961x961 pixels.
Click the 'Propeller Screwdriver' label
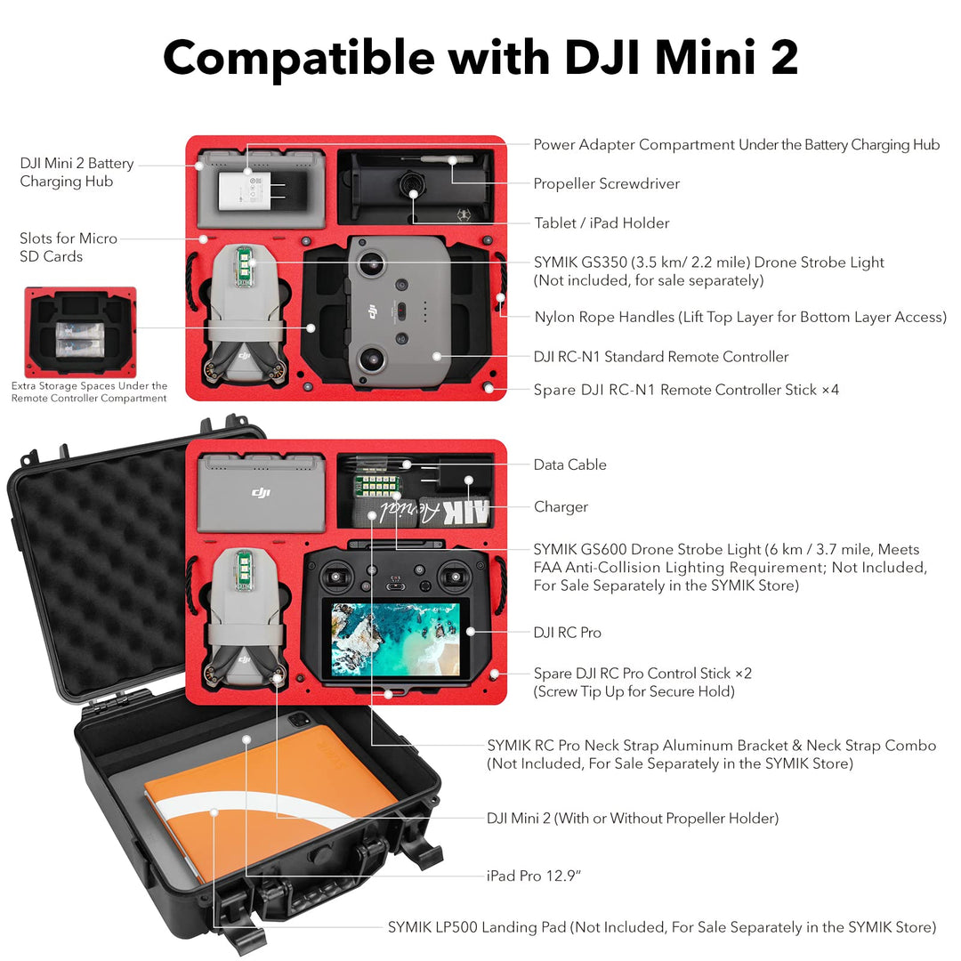[606, 184]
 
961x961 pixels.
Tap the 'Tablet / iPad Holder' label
[602, 223]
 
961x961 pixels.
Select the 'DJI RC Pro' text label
[567, 633]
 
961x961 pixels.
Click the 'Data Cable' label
[569, 464]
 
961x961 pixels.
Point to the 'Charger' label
[561, 507]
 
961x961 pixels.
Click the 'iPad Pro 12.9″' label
[534, 876]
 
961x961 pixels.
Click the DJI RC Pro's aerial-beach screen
[394, 638]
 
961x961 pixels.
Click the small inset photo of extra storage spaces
[80, 332]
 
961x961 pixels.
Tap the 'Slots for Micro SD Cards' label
[68, 247]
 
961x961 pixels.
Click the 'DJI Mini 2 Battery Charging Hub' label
[77, 173]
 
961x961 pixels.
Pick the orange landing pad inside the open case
[258, 801]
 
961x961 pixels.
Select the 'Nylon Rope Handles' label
[740, 318]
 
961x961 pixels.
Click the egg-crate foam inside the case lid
[98, 569]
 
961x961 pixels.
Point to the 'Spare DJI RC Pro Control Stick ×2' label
[642, 674]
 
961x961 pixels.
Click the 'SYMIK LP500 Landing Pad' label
[661, 927]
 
